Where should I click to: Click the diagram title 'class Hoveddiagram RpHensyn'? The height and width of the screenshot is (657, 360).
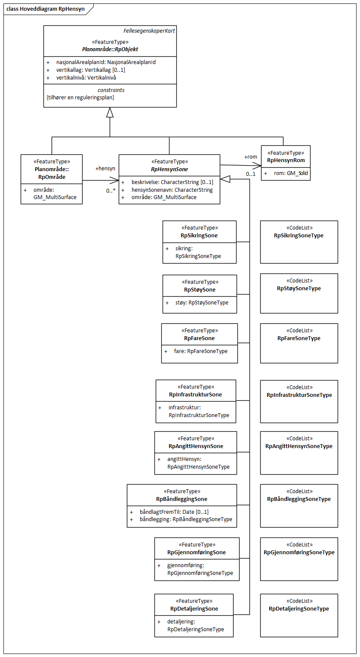pos(45,8)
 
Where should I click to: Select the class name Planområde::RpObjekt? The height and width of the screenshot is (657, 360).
pos(110,49)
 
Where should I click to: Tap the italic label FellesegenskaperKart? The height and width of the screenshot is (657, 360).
pos(149,31)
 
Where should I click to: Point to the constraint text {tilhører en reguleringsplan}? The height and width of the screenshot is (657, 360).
pos(80,98)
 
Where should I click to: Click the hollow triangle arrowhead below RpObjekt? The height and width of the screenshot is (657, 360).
pos(110,112)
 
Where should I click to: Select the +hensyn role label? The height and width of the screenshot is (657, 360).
pos(105,169)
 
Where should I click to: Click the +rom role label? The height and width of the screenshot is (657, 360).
pos(251,157)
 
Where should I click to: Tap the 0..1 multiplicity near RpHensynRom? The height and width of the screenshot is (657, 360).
pos(251,174)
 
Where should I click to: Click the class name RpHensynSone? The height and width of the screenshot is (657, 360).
pos(169,169)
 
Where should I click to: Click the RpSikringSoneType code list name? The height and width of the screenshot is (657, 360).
pos(299,236)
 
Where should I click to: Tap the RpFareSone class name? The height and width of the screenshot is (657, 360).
pos(199,338)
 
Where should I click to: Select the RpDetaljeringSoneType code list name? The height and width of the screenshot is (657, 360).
pos(299,609)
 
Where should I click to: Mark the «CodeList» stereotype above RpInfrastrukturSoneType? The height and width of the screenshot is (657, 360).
pos(299,387)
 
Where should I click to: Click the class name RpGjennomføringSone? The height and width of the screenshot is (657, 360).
pos(197,553)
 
